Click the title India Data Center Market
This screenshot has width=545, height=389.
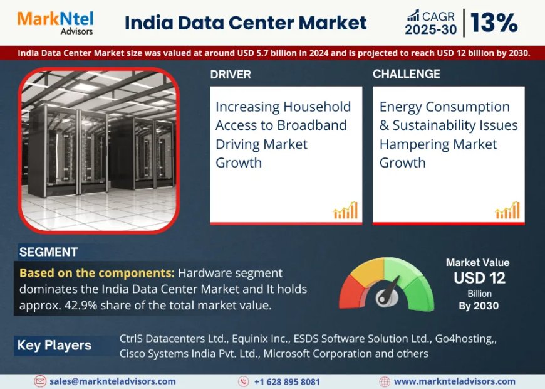coord(246,23)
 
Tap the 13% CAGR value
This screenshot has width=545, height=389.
coord(494,23)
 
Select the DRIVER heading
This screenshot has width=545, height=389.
coord(231,74)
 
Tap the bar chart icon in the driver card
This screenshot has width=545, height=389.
coord(345,210)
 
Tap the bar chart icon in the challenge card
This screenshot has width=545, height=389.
coord(507,210)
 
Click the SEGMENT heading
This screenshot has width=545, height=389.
coord(48,252)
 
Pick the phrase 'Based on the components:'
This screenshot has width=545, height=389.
coord(97,273)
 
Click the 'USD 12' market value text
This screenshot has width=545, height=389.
coord(479,278)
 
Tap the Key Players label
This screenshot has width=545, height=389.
coord(54,345)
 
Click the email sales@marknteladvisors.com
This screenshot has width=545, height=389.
coord(113,381)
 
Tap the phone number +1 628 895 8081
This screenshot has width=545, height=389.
coord(287,381)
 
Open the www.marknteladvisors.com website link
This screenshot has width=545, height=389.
coord(454,381)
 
